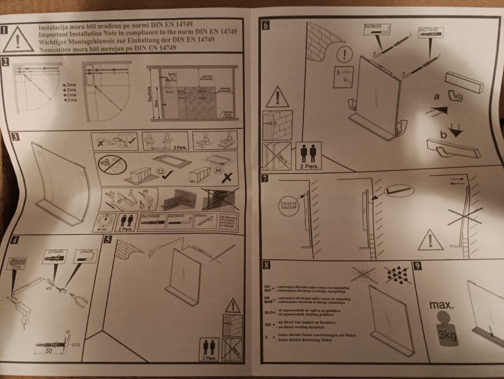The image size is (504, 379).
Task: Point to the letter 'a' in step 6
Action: tap(437, 97)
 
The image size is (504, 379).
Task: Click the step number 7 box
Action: tap(265, 179)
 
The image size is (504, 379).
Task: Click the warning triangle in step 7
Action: tap(430, 241)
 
